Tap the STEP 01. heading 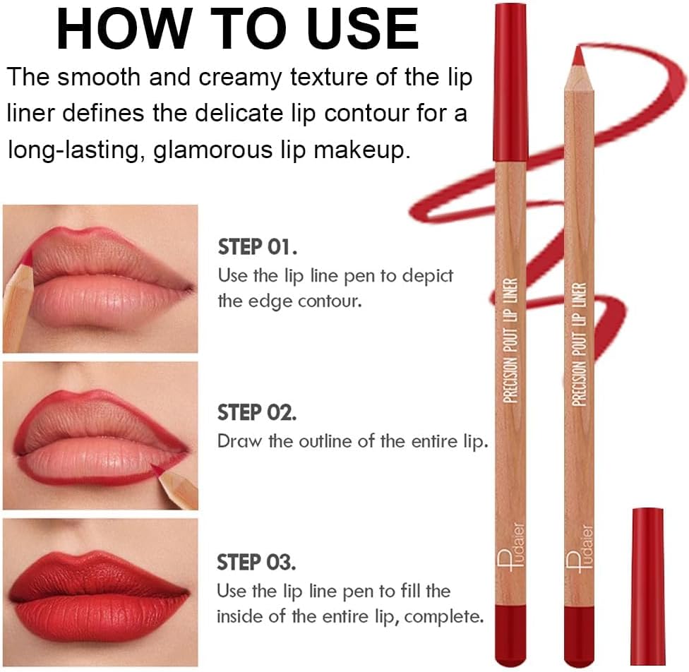(257, 247)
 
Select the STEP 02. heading (257, 413)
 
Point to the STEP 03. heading (256, 562)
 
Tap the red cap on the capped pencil (510, 82)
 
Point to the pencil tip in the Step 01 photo (26, 259)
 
